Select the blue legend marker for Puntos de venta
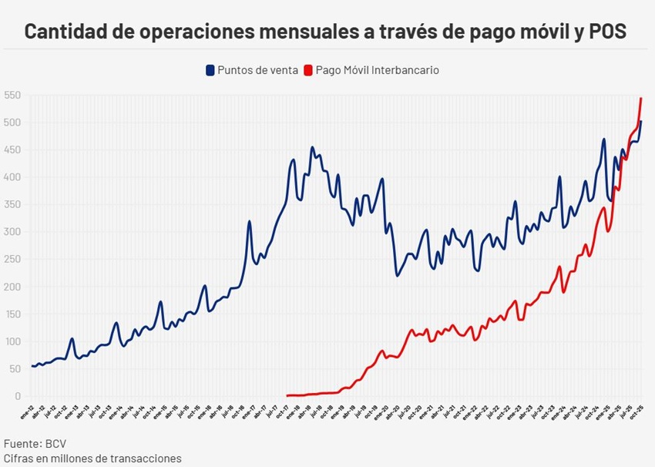coord(209,70)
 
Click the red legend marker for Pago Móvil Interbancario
coord(308,70)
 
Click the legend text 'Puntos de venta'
coord(257,70)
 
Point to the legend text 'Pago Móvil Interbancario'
coord(377,70)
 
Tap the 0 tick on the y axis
coord(17,396)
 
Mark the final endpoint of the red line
coord(641,98)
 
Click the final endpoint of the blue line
coord(641,122)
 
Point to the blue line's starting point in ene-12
coord(32,366)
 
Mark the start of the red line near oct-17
coord(287,395)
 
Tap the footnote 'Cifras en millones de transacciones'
coord(92,459)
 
